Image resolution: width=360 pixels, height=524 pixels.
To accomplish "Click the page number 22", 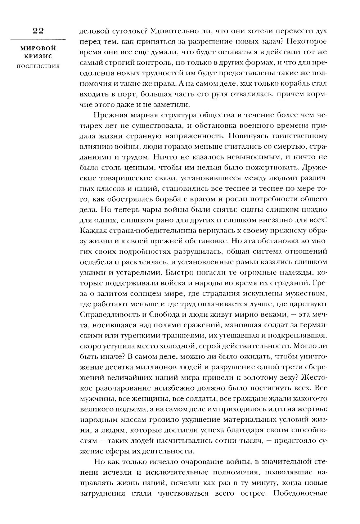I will coord(38,31).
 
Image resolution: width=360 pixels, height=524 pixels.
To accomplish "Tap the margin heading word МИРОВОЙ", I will coord(38,48).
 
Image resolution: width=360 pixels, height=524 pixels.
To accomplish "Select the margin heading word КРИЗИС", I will coord(38,57).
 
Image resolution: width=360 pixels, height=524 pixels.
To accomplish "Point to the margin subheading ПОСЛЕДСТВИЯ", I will coord(38,66).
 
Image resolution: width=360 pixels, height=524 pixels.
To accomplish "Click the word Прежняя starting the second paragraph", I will coord(110,125).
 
